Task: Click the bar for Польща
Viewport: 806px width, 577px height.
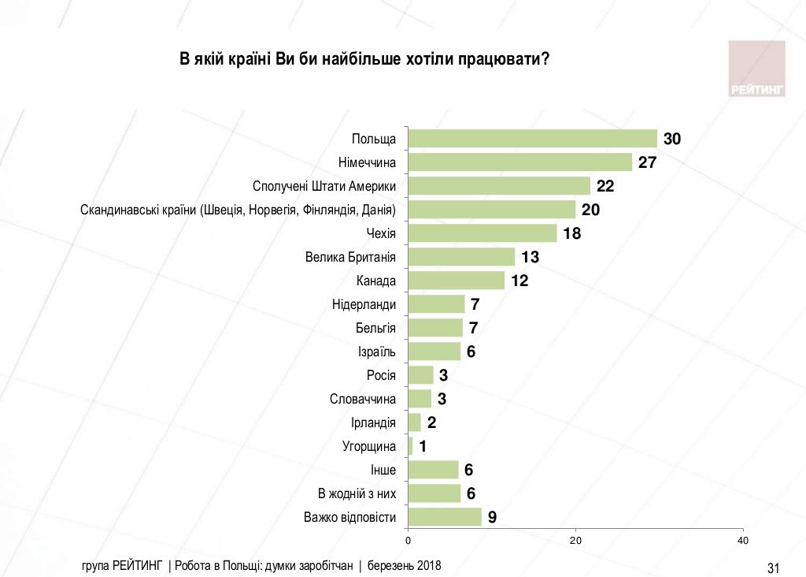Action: click(533, 139)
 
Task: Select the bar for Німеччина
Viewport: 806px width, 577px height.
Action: click(520, 162)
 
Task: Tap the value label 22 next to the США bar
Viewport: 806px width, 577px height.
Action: click(604, 186)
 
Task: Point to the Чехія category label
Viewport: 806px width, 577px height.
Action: click(381, 233)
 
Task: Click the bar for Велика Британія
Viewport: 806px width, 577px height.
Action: click(462, 257)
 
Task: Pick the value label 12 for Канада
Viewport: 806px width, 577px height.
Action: click(519, 281)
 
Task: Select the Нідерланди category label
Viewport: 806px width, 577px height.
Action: click(364, 304)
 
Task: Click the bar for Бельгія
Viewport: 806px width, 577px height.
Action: click(435, 328)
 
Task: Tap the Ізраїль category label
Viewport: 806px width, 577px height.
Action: click(376, 352)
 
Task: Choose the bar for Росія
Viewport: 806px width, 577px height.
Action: click(421, 375)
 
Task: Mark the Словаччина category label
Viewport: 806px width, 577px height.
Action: click(362, 399)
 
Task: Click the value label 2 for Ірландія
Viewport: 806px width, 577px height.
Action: click(431, 423)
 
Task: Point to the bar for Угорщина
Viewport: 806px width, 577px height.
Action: click(410, 446)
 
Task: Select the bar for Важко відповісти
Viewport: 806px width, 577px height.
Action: click(445, 517)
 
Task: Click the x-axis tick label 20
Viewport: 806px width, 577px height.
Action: click(575, 541)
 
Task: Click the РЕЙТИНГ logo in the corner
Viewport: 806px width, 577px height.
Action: click(757, 69)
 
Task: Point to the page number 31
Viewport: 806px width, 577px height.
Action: click(772, 568)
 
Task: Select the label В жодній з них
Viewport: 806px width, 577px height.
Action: click(356, 493)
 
